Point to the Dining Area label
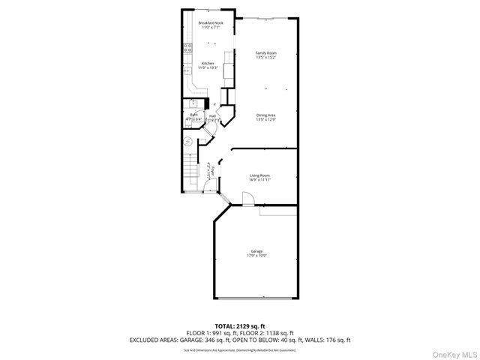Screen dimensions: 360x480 click(x=265, y=115)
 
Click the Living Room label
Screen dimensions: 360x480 click(x=259, y=175)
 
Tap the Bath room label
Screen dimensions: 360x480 click(x=193, y=115)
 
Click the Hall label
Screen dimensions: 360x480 click(x=213, y=115)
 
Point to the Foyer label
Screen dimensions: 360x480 click(x=212, y=171)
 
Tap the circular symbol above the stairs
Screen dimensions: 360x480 click(x=189, y=142)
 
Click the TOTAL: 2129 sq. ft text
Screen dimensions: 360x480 click(x=239, y=326)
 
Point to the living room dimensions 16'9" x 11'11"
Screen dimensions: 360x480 click(x=259, y=180)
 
